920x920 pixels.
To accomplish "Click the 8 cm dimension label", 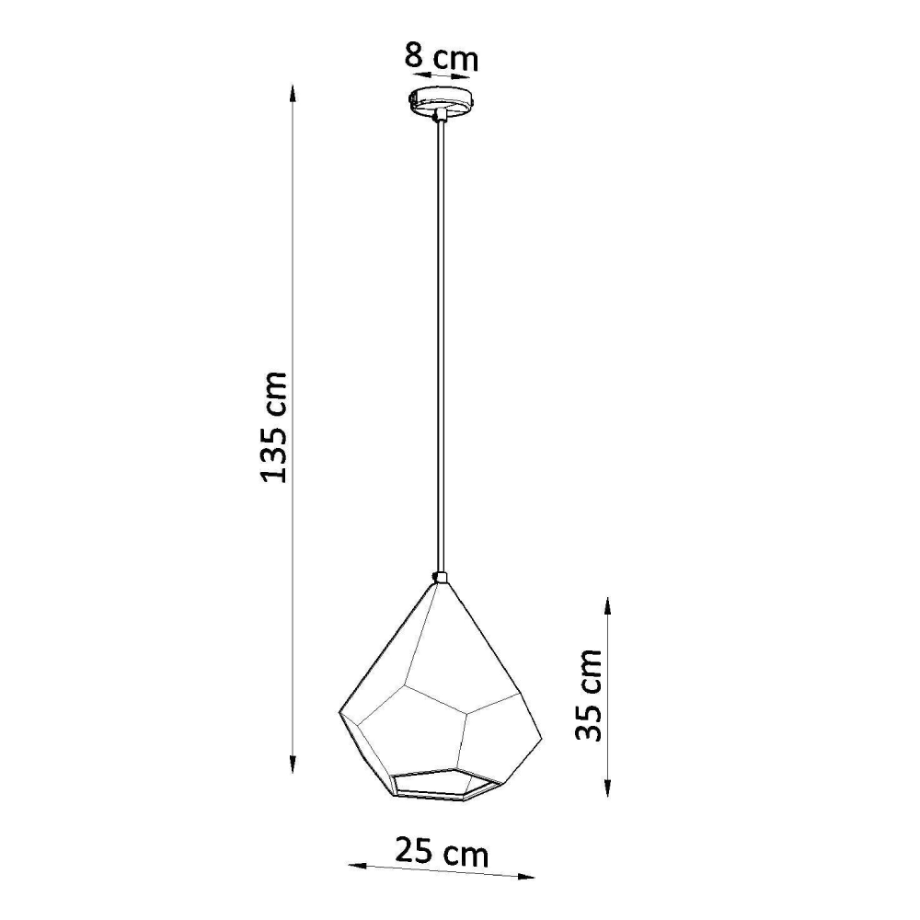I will pos(441,58).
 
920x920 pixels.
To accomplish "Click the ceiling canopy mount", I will pos(442,99).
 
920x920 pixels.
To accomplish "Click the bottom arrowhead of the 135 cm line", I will pos(293,764).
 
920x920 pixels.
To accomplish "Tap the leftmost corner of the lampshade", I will pos(339,712).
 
